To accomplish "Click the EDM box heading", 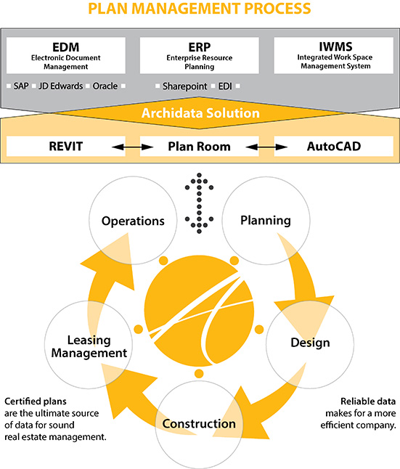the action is [x=66, y=47].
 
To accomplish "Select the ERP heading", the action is [x=199, y=47].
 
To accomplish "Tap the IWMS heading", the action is [x=335, y=46].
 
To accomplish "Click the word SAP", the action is [x=21, y=86].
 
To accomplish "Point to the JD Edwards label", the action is [x=61, y=86].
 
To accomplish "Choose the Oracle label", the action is [x=105, y=86].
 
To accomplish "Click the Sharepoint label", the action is [x=184, y=86].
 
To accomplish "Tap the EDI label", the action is [x=225, y=86].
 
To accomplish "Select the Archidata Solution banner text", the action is [x=200, y=113].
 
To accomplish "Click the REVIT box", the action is [x=66, y=146].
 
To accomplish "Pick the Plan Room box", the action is [x=199, y=146].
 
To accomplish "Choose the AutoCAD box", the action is [x=334, y=146].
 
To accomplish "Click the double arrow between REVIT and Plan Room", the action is [x=133, y=147].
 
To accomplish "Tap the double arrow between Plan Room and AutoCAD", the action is [x=266, y=147].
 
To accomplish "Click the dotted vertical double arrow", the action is [x=199, y=203].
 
